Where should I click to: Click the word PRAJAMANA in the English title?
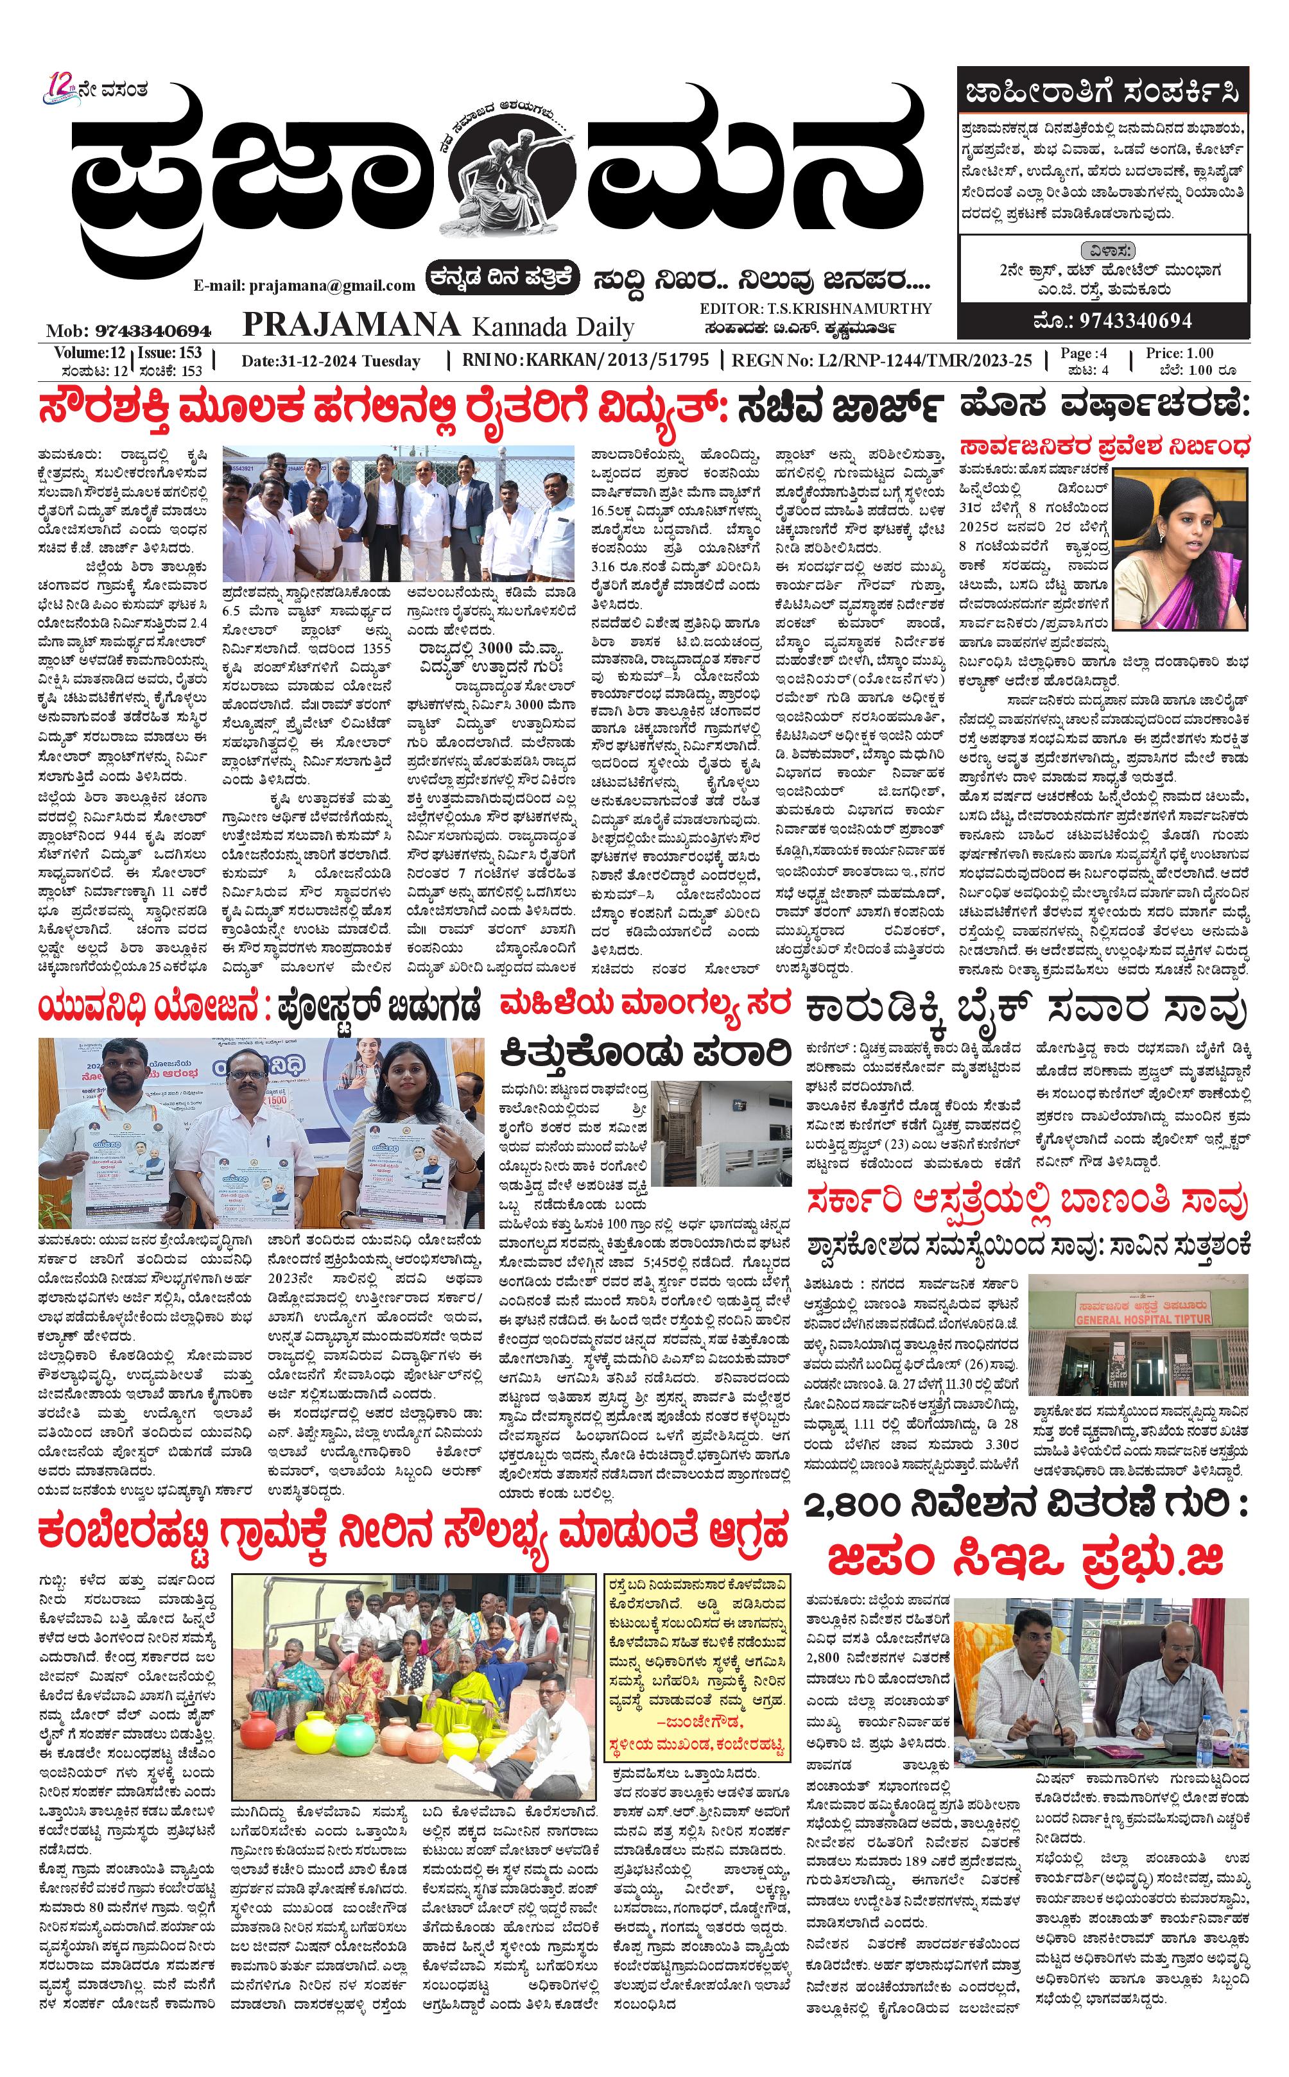351,325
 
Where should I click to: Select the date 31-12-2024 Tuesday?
331,361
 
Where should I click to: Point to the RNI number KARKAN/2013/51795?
618,359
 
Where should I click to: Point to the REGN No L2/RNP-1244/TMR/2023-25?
883,361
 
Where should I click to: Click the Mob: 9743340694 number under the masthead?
129,331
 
